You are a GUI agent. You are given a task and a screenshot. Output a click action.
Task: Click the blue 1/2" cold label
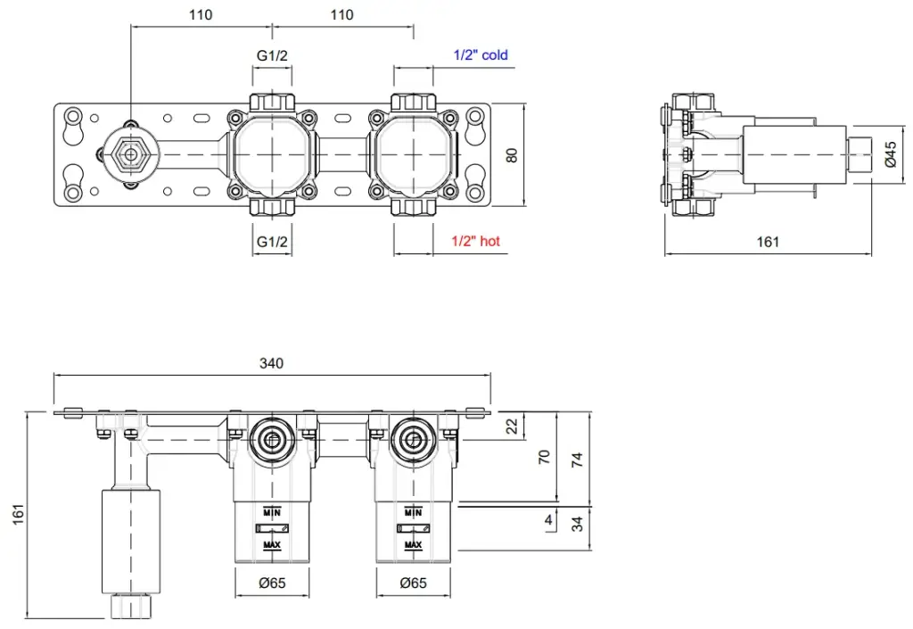click(481, 55)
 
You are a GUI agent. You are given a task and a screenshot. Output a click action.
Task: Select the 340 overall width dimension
click(271, 363)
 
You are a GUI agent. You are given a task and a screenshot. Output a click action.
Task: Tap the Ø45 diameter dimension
click(890, 156)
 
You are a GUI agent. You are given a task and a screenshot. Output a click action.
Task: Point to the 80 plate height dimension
click(511, 155)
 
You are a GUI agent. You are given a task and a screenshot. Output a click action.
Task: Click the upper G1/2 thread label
click(272, 55)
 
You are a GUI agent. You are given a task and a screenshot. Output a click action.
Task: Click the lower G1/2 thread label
click(272, 241)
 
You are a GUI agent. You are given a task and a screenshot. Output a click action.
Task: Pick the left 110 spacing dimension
click(201, 14)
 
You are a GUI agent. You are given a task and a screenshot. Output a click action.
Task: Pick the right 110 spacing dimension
click(341, 14)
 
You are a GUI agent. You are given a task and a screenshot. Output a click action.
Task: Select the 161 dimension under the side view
click(768, 241)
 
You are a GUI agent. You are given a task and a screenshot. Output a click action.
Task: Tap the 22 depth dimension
click(511, 426)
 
